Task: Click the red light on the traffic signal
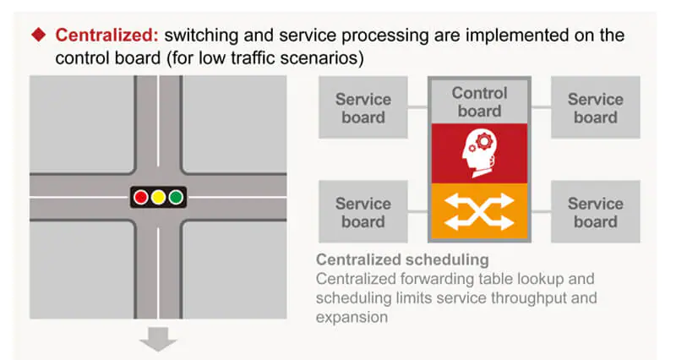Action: [141, 197]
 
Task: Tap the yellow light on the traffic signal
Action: [158, 197]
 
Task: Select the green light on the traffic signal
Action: [175, 197]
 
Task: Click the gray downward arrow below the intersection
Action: [158, 340]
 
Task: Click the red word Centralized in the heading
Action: [106, 35]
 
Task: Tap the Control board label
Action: [479, 101]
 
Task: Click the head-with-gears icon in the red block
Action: [479, 153]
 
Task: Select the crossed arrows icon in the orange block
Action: [479, 210]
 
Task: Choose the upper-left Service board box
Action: [363, 107]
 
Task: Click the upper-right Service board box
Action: [595, 107]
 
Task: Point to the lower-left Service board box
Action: [363, 212]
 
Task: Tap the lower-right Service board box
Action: [595, 212]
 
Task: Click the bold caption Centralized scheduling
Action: [402, 259]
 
